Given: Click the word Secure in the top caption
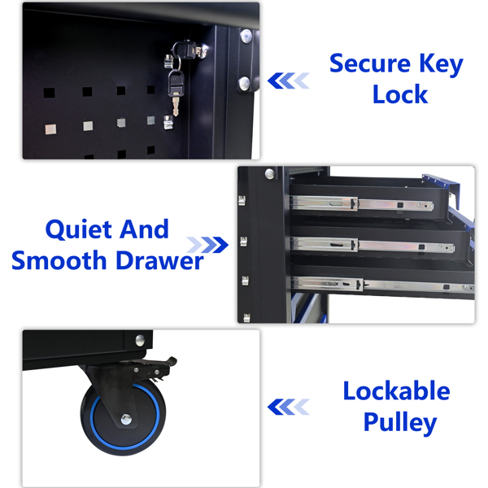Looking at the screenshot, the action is click(370, 63).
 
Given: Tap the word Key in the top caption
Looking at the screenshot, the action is click(442, 65).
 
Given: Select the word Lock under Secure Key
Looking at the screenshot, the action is click(400, 94).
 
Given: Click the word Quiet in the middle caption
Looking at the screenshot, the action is click(78, 230).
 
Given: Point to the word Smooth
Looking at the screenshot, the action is click(59, 260).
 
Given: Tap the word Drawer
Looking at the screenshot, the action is click(160, 260).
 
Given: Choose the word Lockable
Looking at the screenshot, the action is click(397, 390).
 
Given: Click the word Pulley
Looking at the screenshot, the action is click(400, 423).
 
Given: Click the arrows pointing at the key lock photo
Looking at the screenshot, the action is click(289, 81).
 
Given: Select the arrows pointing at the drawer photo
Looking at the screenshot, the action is click(207, 245).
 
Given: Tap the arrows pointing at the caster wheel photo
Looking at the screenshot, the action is click(289, 407).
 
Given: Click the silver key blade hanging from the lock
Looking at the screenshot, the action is click(176, 106).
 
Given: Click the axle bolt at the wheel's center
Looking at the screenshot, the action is click(126, 419).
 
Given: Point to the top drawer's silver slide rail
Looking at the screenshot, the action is click(361, 203).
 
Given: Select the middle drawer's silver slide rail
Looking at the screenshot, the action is click(372, 245).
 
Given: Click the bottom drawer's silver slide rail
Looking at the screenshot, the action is click(383, 285).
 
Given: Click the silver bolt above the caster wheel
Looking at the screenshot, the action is click(140, 340).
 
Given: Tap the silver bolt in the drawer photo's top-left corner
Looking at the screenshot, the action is click(270, 174).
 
